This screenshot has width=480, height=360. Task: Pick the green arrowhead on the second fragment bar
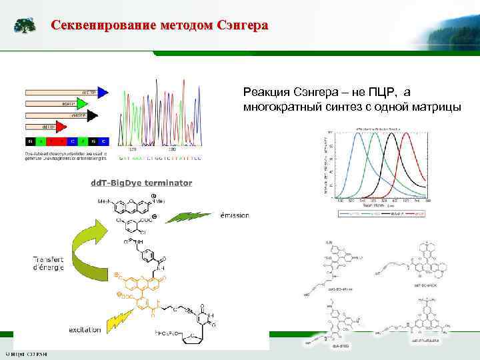coord(81,104)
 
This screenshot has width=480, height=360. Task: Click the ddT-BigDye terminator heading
coord(141,183)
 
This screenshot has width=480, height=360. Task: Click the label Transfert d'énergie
coord(47,263)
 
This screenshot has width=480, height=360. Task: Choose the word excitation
coord(85,330)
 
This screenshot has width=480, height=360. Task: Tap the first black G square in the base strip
coord(29,141)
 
